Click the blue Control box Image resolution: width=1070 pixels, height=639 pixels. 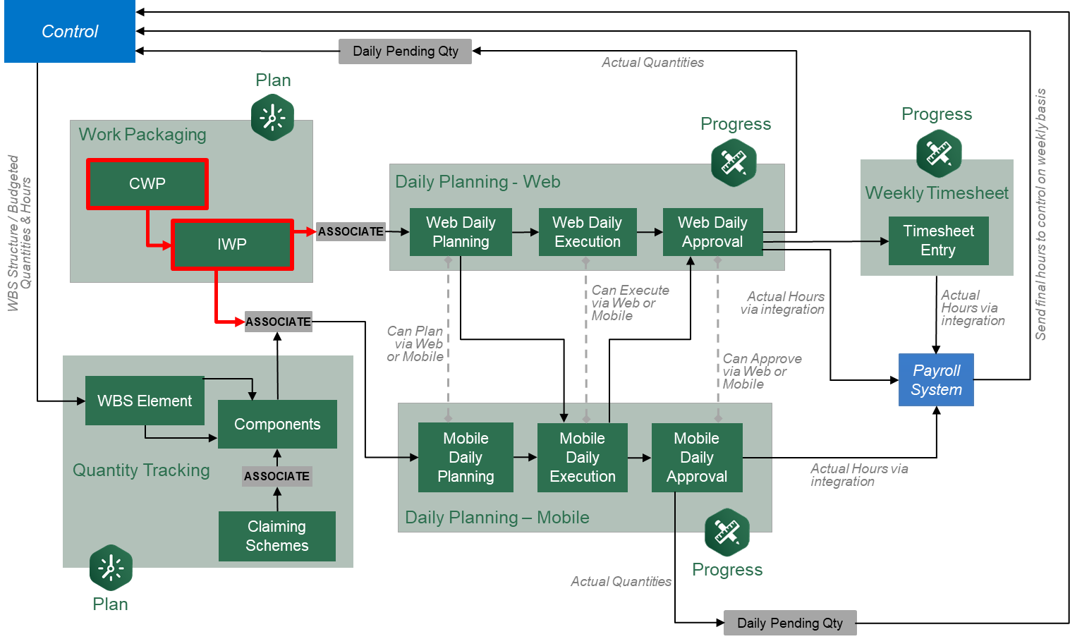coord(70,32)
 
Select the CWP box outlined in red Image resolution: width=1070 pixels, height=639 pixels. coord(147,184)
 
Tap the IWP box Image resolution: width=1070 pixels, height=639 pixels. coord(232,245)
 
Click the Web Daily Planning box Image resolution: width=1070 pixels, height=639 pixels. coord(461,232)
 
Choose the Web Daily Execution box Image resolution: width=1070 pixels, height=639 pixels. coord(587,232)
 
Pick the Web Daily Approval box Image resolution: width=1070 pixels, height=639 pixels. coord(712,232)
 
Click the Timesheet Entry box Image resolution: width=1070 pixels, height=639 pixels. coord(938,241)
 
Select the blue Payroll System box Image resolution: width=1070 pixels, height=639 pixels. coord(936,380)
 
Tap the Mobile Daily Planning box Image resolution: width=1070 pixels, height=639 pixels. coord(466,457)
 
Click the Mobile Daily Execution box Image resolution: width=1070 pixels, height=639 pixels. coord(583,457)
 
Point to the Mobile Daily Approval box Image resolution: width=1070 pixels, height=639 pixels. coord(697,457)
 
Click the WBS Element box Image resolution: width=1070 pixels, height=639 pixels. coord(145,401)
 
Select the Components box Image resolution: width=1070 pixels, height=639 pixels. coord(277,424)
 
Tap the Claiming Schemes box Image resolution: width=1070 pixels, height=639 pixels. coord(277,536)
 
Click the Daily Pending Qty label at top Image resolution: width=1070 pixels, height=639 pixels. coord(405,51)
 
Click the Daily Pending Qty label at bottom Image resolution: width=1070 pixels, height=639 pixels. coord(789,623)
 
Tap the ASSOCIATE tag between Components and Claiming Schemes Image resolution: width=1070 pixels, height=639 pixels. coord(276,476)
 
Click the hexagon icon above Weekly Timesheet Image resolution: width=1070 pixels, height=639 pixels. coord(939,153)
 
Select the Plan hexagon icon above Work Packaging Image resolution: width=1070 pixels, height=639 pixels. coord(272,117)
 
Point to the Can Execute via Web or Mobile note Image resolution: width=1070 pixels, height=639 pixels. coord(629,303)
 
